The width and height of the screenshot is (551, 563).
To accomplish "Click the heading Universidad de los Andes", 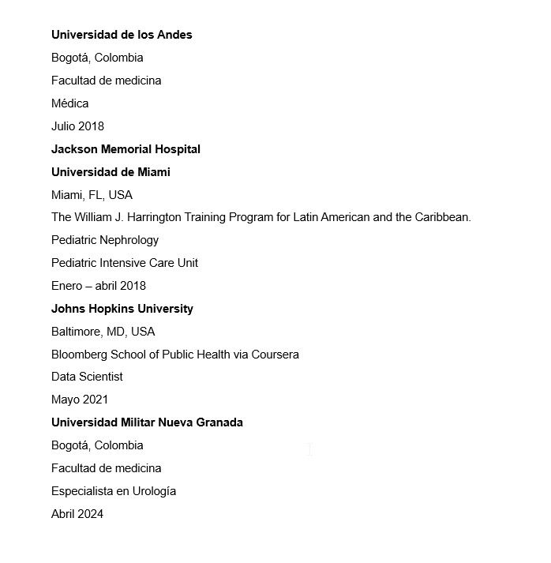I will [122, 35].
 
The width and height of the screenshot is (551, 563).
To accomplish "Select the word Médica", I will [70, 103].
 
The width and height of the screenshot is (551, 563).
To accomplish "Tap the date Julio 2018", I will [77, 126].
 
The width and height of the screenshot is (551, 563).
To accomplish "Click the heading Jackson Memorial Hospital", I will [126, 149].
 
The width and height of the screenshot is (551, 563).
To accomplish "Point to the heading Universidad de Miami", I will [111, 172].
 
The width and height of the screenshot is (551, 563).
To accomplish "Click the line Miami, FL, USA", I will [92, 195].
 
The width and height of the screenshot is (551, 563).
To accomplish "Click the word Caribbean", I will [442, 217].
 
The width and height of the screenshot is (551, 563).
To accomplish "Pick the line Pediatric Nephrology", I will [105, 240].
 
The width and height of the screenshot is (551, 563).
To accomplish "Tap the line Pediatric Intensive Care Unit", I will [125, 263].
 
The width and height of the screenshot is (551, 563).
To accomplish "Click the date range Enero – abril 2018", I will [99, 286].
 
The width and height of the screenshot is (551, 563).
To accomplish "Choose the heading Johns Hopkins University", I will [122, 309].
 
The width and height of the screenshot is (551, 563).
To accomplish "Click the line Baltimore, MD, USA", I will [103, 332].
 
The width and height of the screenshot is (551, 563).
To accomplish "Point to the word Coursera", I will [275, 355].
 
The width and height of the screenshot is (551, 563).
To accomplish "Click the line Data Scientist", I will [87, 377].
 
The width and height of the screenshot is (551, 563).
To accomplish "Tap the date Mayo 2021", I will [80, 400].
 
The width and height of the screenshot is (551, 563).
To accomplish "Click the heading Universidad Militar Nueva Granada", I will [147, 422].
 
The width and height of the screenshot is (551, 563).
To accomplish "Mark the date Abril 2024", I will [77, 514].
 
